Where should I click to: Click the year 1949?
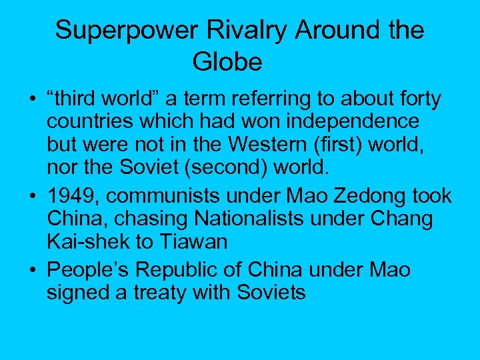(x=72, y=197)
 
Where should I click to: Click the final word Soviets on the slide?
(x=269, y=291)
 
